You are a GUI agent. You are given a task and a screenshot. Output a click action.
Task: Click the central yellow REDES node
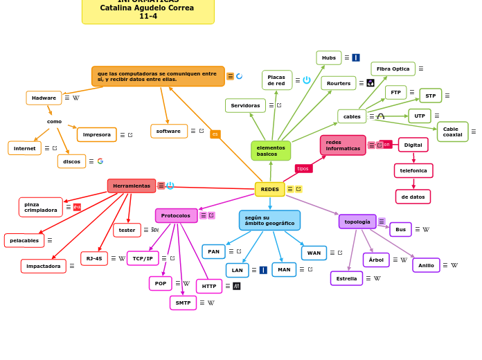269,189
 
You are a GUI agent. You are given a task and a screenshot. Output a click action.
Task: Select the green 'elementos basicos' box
271,151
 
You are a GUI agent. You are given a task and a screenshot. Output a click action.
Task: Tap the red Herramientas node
132,186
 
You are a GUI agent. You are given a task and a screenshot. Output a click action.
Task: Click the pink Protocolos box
176,215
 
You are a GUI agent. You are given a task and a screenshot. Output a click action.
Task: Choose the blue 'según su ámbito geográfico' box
269,220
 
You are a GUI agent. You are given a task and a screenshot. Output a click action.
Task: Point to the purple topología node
357,222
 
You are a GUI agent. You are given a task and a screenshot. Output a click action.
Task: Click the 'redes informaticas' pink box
343,145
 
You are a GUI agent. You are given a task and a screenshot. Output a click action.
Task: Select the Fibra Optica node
393,69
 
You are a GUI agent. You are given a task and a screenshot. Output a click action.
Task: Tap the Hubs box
329,57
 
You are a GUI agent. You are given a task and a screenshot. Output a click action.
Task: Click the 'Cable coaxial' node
452,132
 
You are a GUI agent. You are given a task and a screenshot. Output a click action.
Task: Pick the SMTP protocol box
183,303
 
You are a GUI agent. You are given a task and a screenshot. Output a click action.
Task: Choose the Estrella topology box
346,278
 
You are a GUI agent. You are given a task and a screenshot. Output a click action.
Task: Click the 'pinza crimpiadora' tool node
41,207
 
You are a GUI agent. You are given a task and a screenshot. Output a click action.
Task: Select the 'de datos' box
413,197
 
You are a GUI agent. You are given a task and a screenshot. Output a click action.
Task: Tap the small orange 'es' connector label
215,134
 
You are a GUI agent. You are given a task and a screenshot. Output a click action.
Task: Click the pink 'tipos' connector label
303,168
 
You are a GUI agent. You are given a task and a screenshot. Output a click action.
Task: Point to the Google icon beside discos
100,161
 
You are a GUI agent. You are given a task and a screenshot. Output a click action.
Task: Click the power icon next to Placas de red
307,80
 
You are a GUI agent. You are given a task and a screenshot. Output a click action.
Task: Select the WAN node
314,253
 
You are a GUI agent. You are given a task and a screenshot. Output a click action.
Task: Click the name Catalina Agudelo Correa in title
147,8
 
